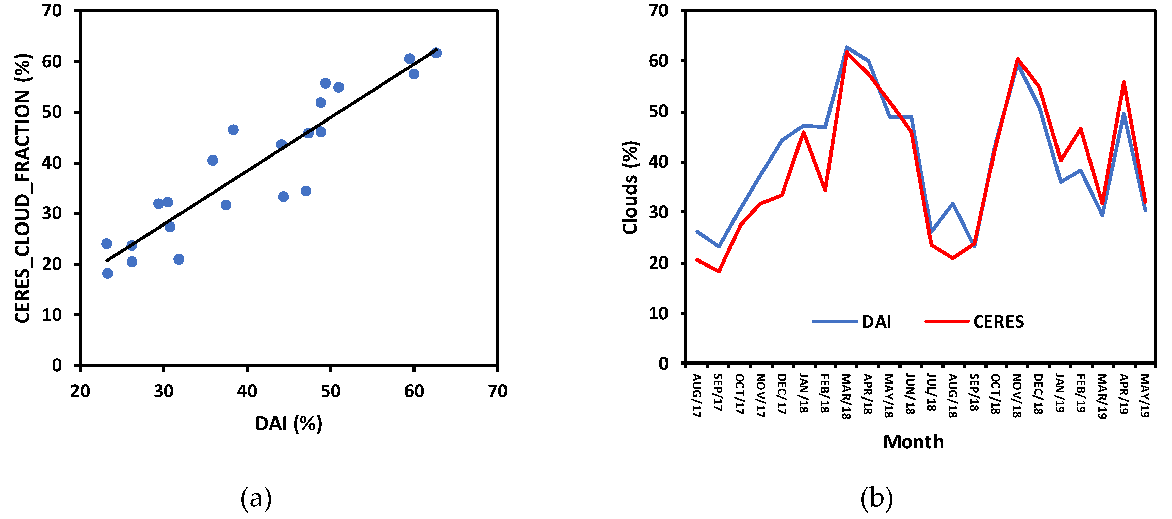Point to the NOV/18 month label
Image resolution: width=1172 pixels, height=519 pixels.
click(x=1017, y=395)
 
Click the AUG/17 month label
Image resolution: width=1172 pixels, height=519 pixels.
click(x=696, y=395)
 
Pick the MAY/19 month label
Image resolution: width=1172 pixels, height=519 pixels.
click(x=1145, y=395)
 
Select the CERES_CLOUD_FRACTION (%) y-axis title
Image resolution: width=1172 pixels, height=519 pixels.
click(x=23, y=188)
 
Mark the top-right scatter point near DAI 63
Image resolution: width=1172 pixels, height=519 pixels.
click(x=436, y=53)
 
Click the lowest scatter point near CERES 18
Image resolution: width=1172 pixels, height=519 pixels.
click(x=107, y=273)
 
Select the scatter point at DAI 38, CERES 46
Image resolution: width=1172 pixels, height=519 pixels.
click(x=233, y=130)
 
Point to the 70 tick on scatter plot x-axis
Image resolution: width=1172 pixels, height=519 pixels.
click(x=497, y=391)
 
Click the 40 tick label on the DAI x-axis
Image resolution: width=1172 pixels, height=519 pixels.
click(x=247, y=391)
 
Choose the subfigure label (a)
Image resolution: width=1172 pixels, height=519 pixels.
click(x=256, y=498)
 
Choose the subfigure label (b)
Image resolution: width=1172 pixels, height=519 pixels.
click(x=876, y=498)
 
